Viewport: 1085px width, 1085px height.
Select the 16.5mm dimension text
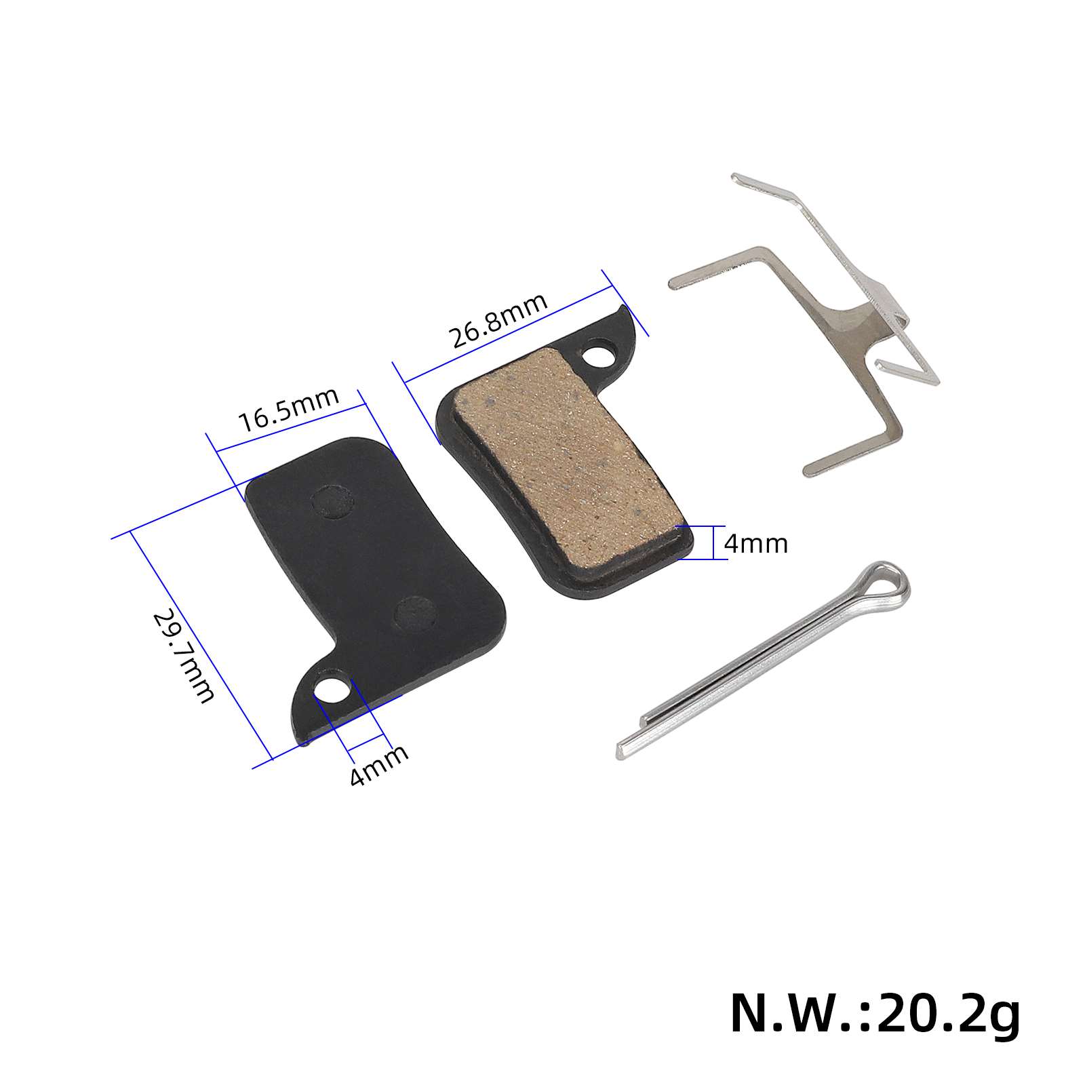pos(289,410)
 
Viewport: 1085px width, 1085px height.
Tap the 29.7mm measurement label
pos(183,656)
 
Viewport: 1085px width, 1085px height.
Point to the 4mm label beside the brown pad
pos(755,543)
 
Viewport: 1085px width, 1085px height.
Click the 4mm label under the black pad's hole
pos(379,765)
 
